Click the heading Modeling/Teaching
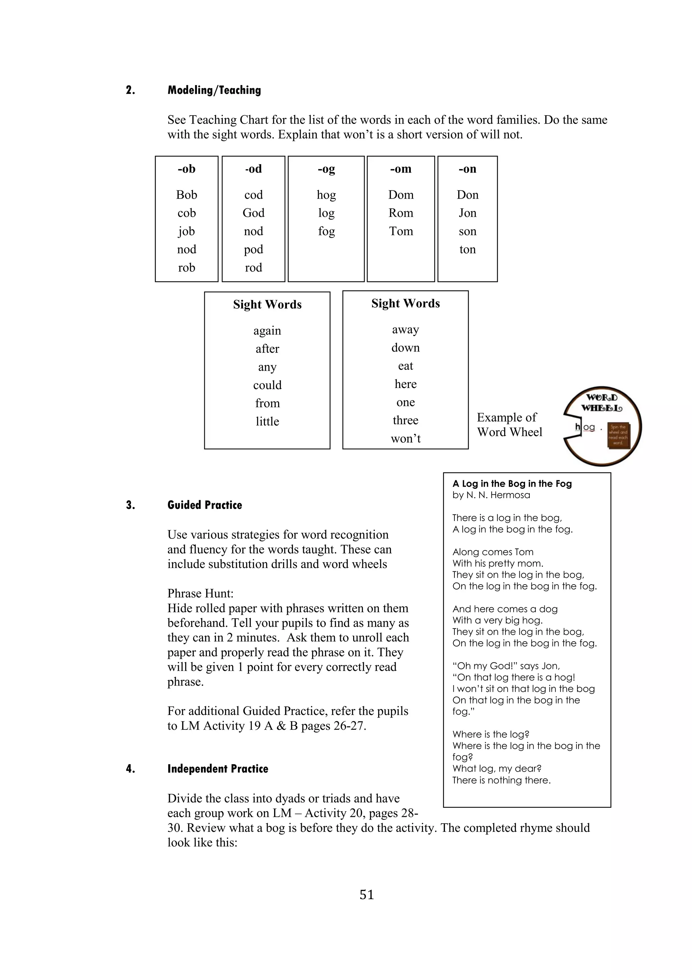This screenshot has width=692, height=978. [x=214, y=90]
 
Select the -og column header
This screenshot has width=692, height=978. [x=326, y=169]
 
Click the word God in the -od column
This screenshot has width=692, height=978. [x=253, y=213]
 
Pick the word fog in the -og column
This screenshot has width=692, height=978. [x=326, y=231]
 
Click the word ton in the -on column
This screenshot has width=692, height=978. [x=467, y=250]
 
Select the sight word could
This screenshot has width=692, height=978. [x=267, y=385]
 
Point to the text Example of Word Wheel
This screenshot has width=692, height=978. [x=509, y=425]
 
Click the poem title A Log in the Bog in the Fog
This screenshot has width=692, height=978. [x=512, y=484]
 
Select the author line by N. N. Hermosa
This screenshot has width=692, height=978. [x=491, y=495]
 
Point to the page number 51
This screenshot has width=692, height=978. [x=367, y=895]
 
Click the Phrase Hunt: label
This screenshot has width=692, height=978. [x=200, y=593]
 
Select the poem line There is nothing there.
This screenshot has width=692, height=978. [x=501, y=780]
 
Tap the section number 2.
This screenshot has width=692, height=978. [x=130, y=90]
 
